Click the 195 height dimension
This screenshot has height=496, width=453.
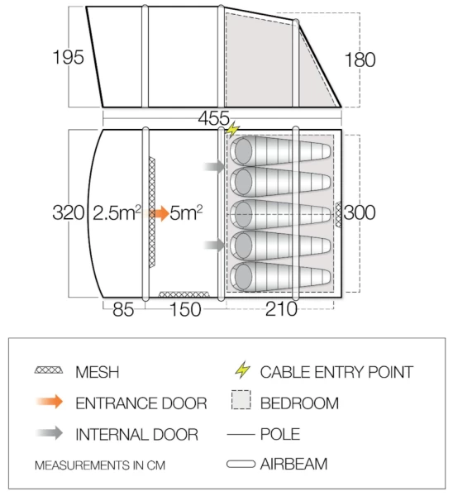pyautogui.click(x=69, y=57)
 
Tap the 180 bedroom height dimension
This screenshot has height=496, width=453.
pyautogui.click(x=360, y=60)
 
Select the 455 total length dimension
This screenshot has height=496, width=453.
pyautogui.click(x=214, y=118)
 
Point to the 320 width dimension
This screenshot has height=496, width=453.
pyautogui.click(x=69, y=212)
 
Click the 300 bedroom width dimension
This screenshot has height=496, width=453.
pyautogui.click(x=360, y=212)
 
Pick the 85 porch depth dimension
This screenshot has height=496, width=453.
pyautogui.click(x=123, y=309)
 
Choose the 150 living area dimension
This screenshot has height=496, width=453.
pyautogui.click(x=186, y=309)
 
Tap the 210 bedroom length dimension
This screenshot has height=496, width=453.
pyautogui.click(x=281, y=308)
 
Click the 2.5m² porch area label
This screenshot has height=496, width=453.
pyautogui.click(x=117, y=212)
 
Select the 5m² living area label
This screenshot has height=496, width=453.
pyautogui.click(x=186, y=212)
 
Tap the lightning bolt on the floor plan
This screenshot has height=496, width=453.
pyautogui.click(x=233, y=129)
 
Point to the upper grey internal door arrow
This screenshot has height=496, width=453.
pyautogui.click(x=214, y=166)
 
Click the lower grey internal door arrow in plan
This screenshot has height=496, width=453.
pyautogui.click(x=214, y=245)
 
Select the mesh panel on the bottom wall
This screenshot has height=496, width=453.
pyautogui.click(x=184, y=294)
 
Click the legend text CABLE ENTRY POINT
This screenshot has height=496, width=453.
pyautogui.click(x=336, y=372)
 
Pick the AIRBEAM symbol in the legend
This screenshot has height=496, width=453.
pyautogui.click(x=241, y=464)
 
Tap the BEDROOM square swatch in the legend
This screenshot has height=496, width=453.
pyautogui.click(x=241, y=400)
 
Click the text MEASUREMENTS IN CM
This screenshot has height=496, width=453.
pyautogui.click(x=100, y=465)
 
